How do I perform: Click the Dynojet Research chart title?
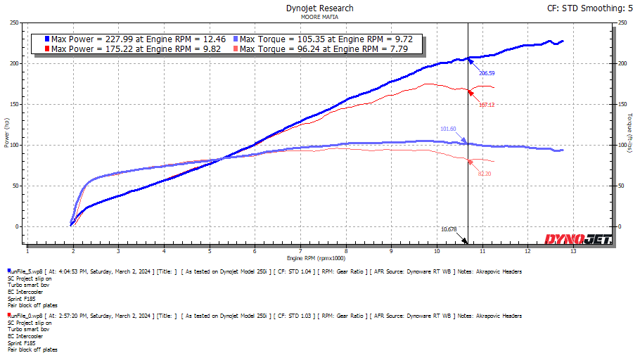point(319,8)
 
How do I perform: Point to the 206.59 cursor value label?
point(487,73)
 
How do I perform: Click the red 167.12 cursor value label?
point(487,105)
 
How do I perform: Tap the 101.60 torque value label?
point(448,129)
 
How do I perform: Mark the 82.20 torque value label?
point(485,173)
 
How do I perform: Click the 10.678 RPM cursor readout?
point(449,229)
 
